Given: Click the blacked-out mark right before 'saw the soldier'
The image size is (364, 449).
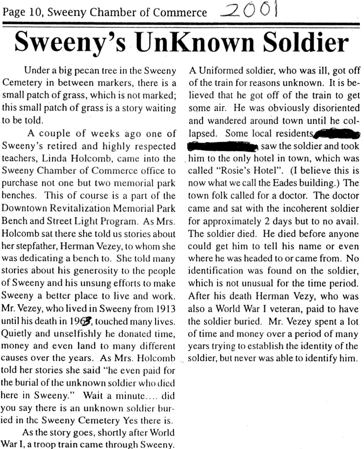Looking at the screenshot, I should coord(223,146).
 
